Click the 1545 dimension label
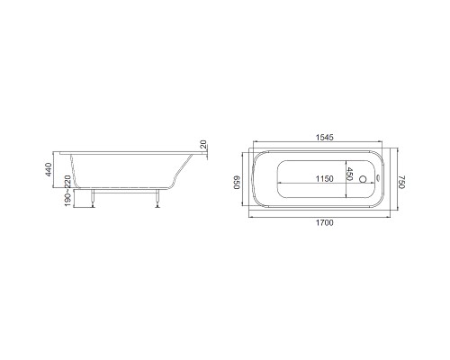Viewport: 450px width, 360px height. tap(325, 137)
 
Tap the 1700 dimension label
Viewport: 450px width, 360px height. tap(325, 223)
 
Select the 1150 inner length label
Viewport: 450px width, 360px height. tap(325, 179)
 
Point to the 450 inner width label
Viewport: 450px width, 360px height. tap(349, 174)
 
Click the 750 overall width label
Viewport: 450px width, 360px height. tap(401, 182)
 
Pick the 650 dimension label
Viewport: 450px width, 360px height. tap(237, 182)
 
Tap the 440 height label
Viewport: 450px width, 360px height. tap(49, 169)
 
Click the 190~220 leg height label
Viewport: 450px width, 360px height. tap(67, 191)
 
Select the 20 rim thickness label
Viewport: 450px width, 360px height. tap(203, 144)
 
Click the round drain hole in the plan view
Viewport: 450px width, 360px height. tap(363, 179)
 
